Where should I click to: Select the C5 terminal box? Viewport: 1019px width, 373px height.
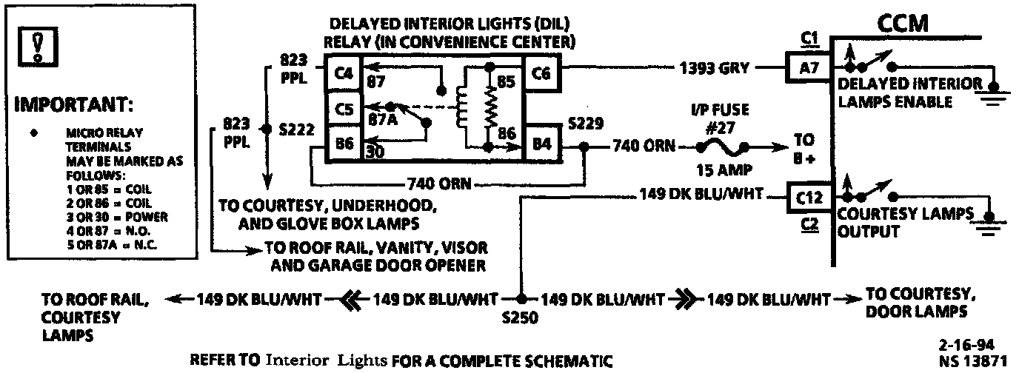coord(343,109)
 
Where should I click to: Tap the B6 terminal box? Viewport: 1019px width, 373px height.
coord(343,143)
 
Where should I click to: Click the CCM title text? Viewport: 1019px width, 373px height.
coord(903,24)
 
